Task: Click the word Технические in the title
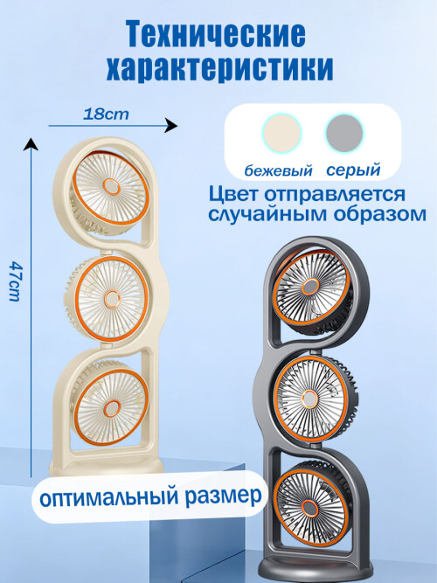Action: point(216,35)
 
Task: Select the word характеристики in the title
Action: point(219,68)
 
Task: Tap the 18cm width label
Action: point(106,114)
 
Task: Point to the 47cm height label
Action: point(15,281)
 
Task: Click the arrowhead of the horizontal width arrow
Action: point(171,126)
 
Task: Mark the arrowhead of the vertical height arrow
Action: point(31,144)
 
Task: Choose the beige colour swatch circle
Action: point(281,133)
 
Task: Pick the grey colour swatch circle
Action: point(344,133)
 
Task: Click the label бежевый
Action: point(278,170)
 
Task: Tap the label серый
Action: point(353,170)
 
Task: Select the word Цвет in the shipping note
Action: point(232,195)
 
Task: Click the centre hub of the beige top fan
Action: point(111,187)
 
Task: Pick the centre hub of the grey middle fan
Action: point(309,399)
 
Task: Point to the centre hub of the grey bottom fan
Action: point(309,508)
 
